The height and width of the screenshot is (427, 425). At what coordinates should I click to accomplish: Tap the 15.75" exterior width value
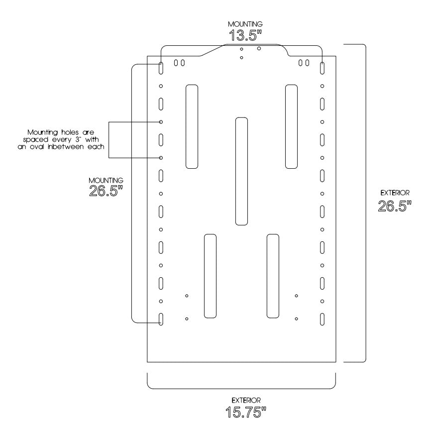tap(241, 412)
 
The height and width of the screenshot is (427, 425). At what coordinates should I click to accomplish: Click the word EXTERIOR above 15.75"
tap(241, 400)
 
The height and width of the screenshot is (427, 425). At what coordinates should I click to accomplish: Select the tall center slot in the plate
tap(241, 171)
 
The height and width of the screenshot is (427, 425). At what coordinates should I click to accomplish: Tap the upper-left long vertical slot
tap(192, 126)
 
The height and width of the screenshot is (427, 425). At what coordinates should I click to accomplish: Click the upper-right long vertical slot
tap(291, 126)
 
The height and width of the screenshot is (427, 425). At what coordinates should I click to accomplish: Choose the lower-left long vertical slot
tap(211, 276)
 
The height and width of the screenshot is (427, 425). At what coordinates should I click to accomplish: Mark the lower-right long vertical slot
tap(273, 276)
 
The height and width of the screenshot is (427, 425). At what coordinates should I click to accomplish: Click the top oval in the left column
tap(161, 68)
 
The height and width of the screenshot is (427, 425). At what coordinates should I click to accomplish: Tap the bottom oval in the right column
tap(322, 319)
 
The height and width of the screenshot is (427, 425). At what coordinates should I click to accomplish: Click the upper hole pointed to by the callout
tap(161, 122)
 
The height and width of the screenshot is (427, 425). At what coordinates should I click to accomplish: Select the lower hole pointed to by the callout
tap(161, 158)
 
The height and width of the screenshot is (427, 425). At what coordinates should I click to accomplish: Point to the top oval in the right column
tap(322, 68)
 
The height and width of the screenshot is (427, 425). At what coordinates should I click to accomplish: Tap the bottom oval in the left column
tap(161, 319)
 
